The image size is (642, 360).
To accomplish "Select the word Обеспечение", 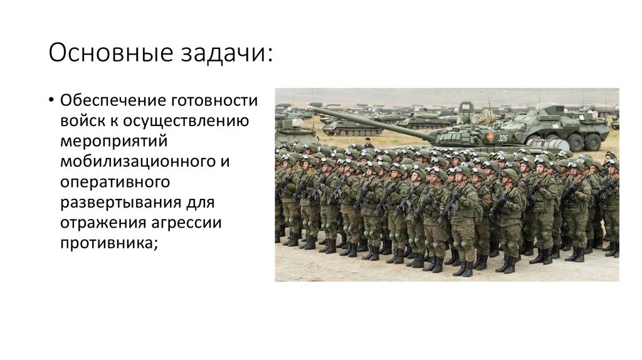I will click(x=110, y=101).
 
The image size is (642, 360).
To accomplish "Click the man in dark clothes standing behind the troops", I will click(x=369, y=143).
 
